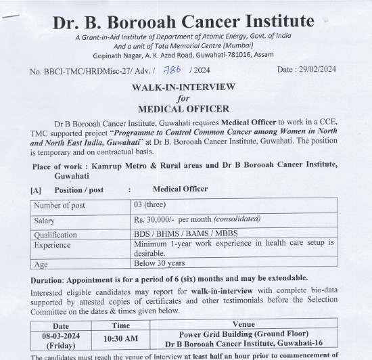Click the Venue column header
(243, 325)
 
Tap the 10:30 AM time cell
(116, 340)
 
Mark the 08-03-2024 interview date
(61, 335)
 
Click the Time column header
(116, 325)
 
